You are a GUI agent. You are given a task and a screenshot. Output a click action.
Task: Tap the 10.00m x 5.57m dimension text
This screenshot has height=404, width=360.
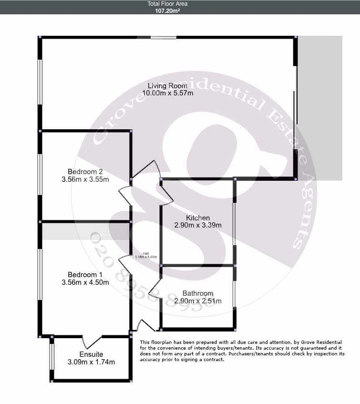click(170, 93)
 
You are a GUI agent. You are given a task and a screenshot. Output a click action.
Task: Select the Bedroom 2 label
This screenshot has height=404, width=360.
click(85, 172)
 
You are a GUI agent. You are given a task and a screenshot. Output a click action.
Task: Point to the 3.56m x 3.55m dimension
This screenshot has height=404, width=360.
click(85, 180)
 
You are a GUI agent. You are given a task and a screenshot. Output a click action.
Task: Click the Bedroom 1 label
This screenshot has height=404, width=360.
click(85, 274)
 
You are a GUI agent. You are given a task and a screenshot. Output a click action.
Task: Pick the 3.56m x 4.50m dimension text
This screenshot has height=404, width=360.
click(85, 282)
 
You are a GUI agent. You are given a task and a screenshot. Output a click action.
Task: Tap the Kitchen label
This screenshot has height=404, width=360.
click(198, 218)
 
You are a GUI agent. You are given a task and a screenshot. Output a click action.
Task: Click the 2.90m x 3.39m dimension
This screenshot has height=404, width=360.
click(198, 225)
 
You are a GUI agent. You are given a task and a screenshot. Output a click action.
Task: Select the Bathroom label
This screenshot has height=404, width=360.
click(194, 293)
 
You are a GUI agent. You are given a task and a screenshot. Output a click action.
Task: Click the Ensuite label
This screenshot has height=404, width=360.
click(91, 354)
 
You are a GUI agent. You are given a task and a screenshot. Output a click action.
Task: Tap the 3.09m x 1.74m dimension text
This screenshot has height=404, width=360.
click(91, 362)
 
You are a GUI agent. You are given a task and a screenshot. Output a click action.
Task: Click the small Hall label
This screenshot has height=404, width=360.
click(146, 254)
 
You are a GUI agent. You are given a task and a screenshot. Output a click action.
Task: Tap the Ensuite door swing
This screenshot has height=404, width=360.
click(92, 342)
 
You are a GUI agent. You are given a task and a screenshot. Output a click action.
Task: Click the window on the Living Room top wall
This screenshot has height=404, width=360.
click(163, 37)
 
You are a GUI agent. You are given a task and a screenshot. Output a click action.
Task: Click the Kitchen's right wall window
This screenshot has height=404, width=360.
click(234, 224)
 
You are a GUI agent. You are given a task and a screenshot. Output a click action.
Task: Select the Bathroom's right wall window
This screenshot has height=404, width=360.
click(234, 293)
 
